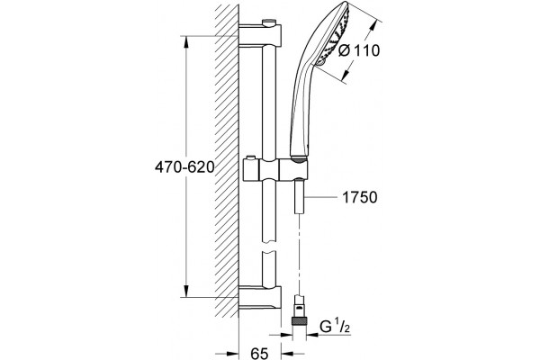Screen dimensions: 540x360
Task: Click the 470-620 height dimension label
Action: point(184,167)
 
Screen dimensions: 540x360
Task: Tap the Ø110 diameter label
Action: point(359,51)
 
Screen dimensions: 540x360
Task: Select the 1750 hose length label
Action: point(360,198)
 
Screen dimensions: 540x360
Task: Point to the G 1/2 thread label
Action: point(335,326)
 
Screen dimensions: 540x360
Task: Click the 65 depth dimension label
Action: point(259,353)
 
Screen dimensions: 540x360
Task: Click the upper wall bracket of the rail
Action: point(260,35)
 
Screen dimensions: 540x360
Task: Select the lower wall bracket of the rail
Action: point(260,298)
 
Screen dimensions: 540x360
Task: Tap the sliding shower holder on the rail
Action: point(276,169)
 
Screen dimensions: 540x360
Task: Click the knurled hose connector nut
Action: point(300,320)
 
